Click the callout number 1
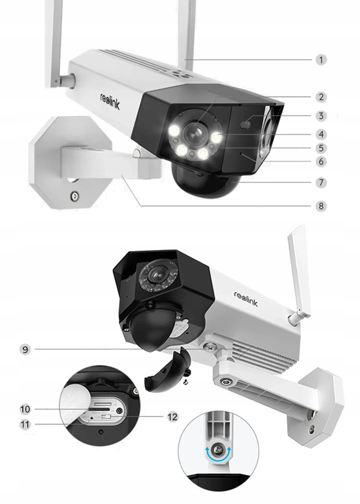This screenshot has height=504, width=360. pyautogui.click(x=321, y=60)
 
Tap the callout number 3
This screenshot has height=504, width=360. pyautogui.click(x=321, y=116)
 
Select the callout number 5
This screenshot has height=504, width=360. pyautogui.click(x=321, y=148)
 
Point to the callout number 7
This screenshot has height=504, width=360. pyautogui.click(x=321, y=182)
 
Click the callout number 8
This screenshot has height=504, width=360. pyautogui.click(x=321, y=206)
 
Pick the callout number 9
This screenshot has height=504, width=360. pyautogui.click(x=25, y=349)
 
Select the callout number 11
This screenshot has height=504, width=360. pyautogui.click(x=25, y=424)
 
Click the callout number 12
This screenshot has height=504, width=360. pyautogui.click(x=173, y=416)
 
